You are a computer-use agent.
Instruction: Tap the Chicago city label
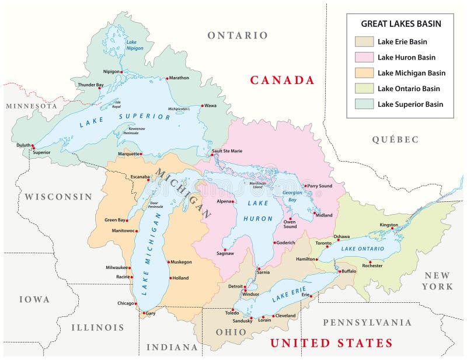coord(125,303)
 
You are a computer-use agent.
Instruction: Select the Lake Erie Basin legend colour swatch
coord(364,41)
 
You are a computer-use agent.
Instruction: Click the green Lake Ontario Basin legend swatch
coord(364,89)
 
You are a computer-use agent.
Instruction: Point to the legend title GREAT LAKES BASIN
coord(400,24)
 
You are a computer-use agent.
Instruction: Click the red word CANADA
coord(282,81)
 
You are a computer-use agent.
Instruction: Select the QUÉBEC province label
coord(395,139)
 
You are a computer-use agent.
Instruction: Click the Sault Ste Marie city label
coord(228,151)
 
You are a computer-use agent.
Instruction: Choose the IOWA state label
coord(34,299)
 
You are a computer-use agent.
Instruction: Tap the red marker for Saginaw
coord(225,249)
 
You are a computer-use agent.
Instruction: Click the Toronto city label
coord(323,243)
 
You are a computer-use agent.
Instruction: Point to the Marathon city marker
coord(166,78)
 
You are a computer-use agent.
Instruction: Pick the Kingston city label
coord(389,225)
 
